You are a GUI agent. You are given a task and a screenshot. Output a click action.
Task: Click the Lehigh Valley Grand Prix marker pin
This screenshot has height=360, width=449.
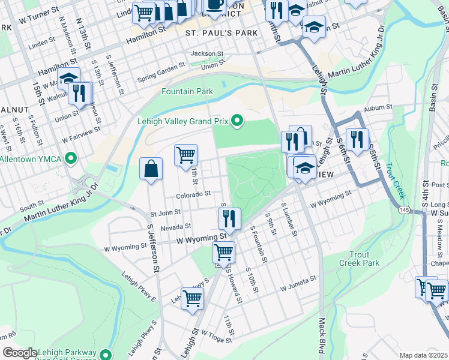click(x=237, y=122)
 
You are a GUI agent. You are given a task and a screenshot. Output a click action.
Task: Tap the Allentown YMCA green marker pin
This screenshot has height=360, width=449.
click(x=71, y=159)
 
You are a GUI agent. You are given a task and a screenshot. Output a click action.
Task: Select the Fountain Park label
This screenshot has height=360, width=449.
click(x=187, y=91)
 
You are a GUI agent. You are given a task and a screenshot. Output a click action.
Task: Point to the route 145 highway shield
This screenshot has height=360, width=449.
click(x=404, y=210)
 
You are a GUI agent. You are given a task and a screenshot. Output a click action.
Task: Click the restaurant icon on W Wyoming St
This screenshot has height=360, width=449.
click(x=229, y=219)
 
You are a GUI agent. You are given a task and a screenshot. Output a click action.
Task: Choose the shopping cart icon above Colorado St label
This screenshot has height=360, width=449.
click(x=186, y=155)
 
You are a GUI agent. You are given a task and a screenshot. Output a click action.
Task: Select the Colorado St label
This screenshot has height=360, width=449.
click(x=193, y=194)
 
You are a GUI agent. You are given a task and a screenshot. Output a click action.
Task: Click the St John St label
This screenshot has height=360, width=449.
click(x=166, y=212)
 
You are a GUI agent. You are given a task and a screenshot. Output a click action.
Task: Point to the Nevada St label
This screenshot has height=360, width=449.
click(x=175, y=227)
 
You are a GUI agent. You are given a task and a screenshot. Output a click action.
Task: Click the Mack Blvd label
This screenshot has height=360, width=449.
click(x=321, y=343)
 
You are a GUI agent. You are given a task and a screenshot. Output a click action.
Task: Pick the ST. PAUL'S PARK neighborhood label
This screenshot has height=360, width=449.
click(x=221, y=32)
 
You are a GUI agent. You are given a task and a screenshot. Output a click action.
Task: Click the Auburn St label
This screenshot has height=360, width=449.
click(x=378, y=107)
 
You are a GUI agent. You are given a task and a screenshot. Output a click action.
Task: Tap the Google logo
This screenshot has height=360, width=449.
click(x=20, y=353)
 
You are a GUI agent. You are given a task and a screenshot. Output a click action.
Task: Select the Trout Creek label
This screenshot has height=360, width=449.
click(x=394, y=181)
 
